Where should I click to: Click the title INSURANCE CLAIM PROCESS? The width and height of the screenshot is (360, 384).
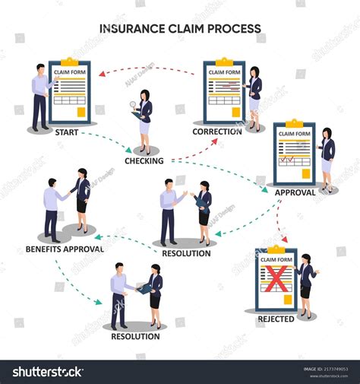tap(180, 29)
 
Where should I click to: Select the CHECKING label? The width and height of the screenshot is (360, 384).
tap(144, 160)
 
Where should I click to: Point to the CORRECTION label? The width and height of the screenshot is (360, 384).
tap(217, 131)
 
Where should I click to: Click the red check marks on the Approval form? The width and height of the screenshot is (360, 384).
tap(288, 160)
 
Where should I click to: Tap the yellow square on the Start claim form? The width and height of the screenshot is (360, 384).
tap(79, 113)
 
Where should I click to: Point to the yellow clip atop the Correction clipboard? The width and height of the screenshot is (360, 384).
tap(224, 61)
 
